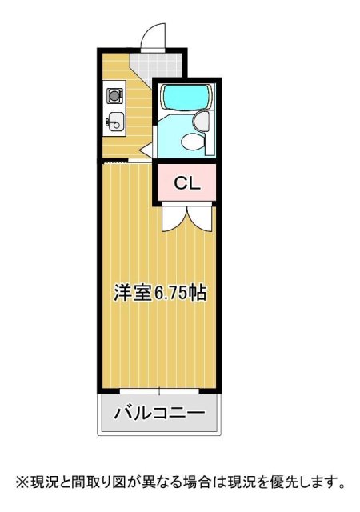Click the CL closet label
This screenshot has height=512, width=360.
[187, 183]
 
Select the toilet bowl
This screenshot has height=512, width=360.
[192, 142]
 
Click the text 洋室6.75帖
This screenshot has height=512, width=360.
[159, 293]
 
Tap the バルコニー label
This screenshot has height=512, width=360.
[158, 414]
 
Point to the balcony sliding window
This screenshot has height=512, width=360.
[158, 391]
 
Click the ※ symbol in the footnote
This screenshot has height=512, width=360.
[22, 482]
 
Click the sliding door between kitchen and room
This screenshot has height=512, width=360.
[126, 161]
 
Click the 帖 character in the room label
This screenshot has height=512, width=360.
[200, 293]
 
